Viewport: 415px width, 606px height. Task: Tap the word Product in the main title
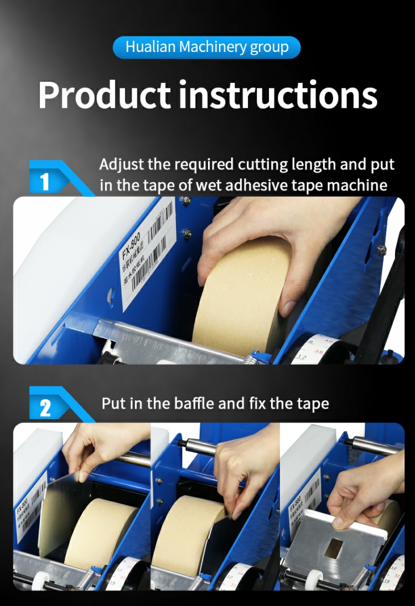(x=104, y=95)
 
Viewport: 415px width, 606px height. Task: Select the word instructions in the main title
(x=278, y=95)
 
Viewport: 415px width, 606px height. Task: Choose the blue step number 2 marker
(x=45, y=408)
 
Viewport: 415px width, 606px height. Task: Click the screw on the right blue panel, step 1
(x=381, y=250)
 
